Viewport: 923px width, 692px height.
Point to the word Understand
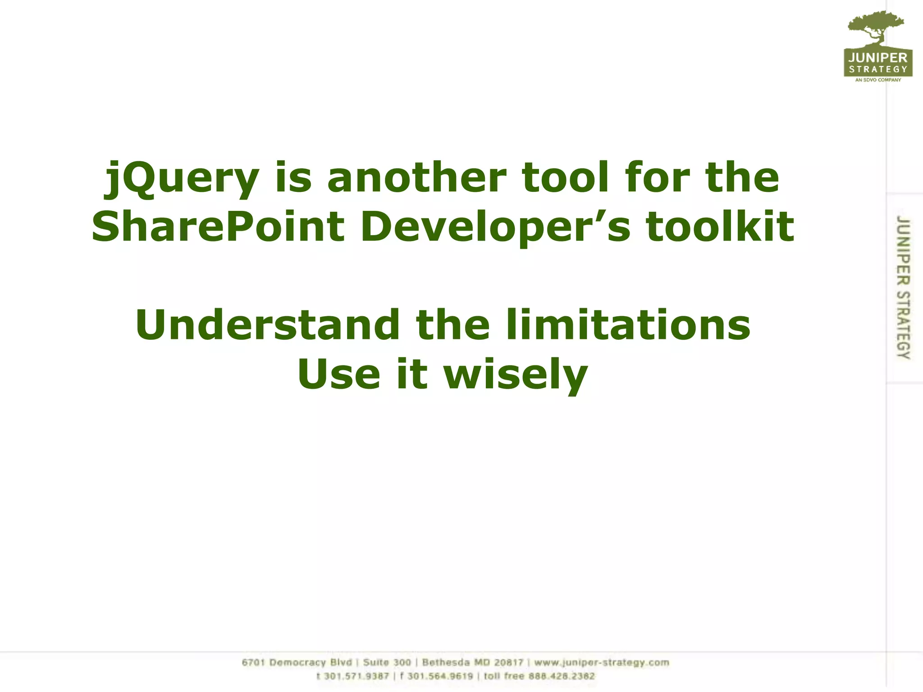coord(267,325)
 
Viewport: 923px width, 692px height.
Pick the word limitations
coord(628,325)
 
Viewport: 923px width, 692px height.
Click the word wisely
coord(516,374)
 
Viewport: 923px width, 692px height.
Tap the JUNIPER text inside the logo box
coord(878,58)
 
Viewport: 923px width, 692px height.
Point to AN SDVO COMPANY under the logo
coord(878,80)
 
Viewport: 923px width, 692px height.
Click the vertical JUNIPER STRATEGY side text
coord(903,287)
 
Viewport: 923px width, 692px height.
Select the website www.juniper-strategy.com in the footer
coord(602,662)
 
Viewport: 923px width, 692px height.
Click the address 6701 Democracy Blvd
coord(297,662)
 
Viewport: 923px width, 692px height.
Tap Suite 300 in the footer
coord(387,662)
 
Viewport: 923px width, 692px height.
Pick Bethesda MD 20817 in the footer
coord(472,662)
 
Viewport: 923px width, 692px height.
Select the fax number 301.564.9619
coord(440,676)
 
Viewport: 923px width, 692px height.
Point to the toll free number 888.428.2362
coord(562,676)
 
